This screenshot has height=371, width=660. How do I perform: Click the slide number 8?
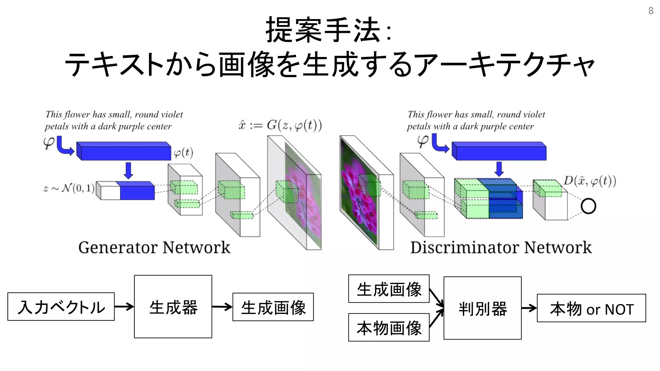[651, 11]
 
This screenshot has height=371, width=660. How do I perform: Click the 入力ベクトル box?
[61, 307]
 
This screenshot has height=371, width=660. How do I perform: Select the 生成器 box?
[173, 307]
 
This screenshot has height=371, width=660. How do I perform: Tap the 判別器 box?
[482, 308]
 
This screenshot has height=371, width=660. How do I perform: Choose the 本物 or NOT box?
[591, 308]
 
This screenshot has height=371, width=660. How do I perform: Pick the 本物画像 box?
[389, 327]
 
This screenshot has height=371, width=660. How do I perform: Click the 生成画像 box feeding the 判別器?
[389, 289]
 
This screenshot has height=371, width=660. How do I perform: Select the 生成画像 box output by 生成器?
[273, 307]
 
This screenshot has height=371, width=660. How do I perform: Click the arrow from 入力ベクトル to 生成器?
[124, 307]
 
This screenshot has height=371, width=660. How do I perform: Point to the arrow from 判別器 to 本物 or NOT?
[529, 308]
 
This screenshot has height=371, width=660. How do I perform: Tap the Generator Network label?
[154, 247]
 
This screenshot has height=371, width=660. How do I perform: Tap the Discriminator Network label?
[501, 247]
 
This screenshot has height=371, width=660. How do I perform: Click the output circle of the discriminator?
[588, 206]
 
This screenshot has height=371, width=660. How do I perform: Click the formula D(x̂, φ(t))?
[590, 181]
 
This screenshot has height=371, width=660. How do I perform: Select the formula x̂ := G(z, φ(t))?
[280, 125]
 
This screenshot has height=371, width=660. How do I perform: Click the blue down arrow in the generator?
[128, 170]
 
